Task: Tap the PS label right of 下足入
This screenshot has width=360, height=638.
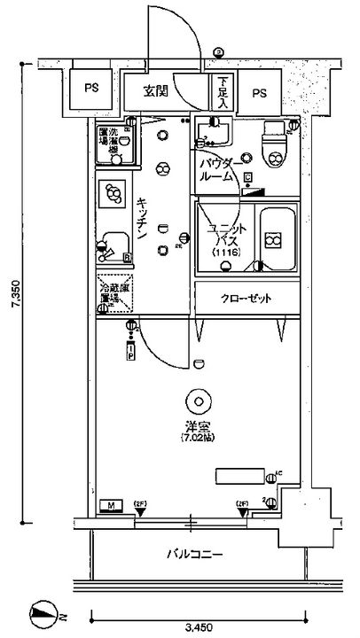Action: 259,92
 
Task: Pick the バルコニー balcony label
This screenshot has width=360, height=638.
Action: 195,555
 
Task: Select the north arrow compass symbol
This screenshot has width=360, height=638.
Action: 42,611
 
